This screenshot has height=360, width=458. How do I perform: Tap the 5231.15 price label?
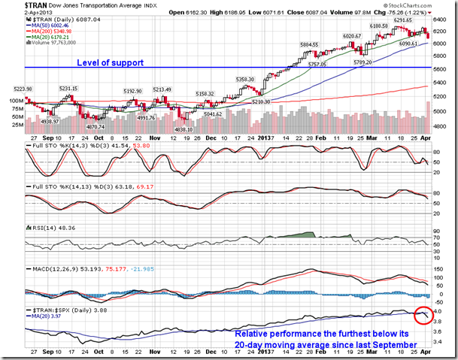coord(69,89)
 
